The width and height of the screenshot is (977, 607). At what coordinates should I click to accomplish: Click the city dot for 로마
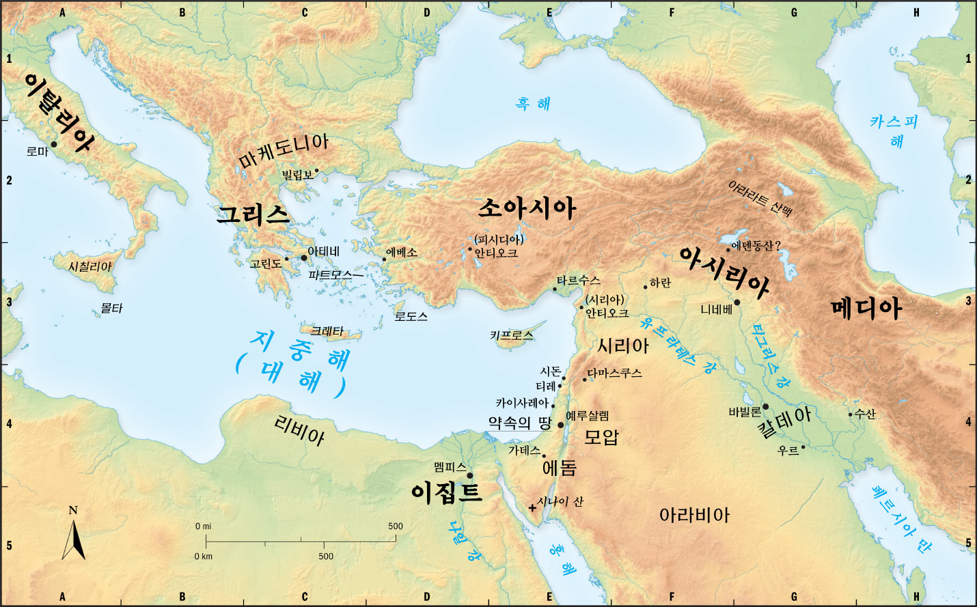(54, 144)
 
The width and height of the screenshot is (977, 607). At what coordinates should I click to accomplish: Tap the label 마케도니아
(284, 152)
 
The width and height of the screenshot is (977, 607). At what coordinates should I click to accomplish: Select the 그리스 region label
(253, 215)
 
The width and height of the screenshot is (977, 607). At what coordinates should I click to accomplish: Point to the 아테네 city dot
(304, 257)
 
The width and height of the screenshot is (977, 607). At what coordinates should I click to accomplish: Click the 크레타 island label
(327, 331)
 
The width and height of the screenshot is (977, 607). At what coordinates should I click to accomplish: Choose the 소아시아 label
(526, 208)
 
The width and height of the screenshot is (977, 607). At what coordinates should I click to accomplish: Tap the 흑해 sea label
(533, 104)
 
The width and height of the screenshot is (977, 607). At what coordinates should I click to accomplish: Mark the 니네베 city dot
(737, 302)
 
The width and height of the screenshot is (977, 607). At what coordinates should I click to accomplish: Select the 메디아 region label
(866, 309)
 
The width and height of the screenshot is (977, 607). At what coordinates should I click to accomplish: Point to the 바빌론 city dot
(765, 407)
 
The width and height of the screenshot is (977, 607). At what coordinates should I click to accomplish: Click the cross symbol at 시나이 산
(532, 507)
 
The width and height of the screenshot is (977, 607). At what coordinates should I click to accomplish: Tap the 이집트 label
(446, 492)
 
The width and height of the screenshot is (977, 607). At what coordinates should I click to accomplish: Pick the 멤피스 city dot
(469, 476)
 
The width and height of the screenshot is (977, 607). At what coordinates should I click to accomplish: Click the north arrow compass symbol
(74, 536)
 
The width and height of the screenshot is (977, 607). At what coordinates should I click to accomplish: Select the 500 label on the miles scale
(396, 526)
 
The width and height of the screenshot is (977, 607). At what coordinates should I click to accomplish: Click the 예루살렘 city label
(587, 416)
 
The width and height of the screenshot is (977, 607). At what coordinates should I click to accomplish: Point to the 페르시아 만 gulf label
(901, 519)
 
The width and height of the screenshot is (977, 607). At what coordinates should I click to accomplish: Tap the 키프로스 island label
(511, 335)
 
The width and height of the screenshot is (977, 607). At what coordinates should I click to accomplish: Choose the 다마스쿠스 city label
(615, 373)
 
